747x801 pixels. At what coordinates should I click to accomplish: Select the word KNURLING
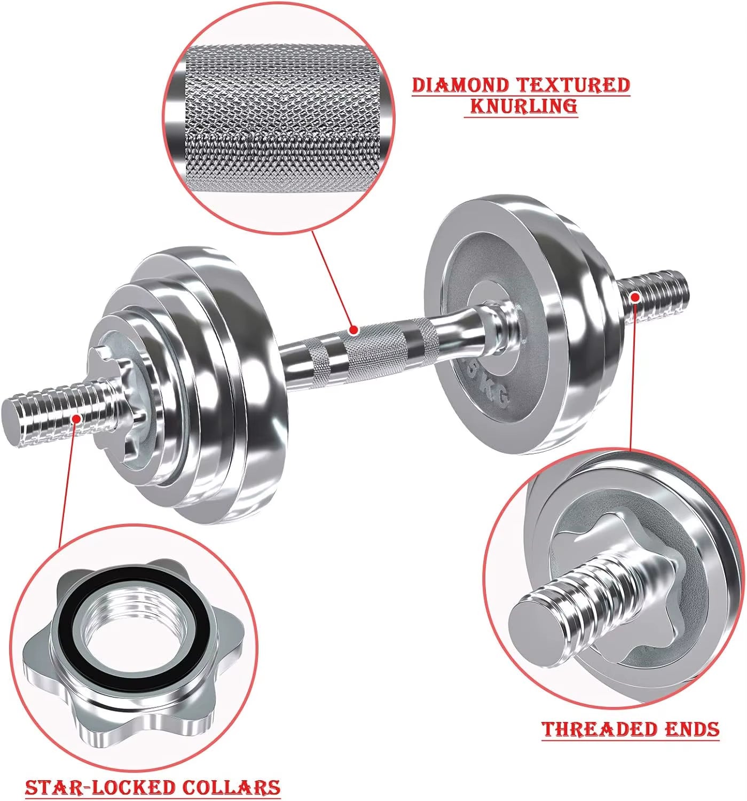(x=523, y=106)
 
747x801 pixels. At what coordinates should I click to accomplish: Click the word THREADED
(x=600, y=729)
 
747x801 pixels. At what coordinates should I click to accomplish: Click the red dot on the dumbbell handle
(x=353, y=330)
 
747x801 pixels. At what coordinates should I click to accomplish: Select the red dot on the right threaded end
(x=635, y=296)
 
